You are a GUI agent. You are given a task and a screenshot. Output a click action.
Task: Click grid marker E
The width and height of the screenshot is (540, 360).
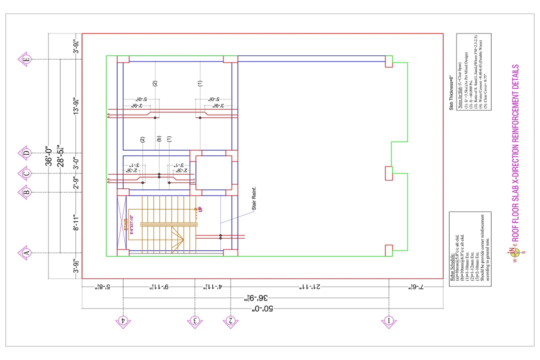pyautogui.click(x=26, y=59)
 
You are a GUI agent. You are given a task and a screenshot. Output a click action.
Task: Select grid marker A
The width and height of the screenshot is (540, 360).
pyautogui.click(x=26, y=253)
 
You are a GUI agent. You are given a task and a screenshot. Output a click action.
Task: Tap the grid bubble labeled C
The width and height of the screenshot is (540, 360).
pyautogui.click(x=26, y=173)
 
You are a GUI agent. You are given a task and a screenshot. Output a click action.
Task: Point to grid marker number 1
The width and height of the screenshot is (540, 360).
pyautogui.click(x=388, y=320)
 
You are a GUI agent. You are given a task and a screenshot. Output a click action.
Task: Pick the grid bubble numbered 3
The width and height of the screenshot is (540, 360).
pyautogui.click(x=195, y=320)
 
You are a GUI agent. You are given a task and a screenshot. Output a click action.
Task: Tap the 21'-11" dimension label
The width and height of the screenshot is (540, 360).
pyautogui.click(x=310, y=286)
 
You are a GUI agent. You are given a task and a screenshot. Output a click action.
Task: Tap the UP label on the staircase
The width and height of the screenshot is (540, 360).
pyautogui.click(x=200, y=210)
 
